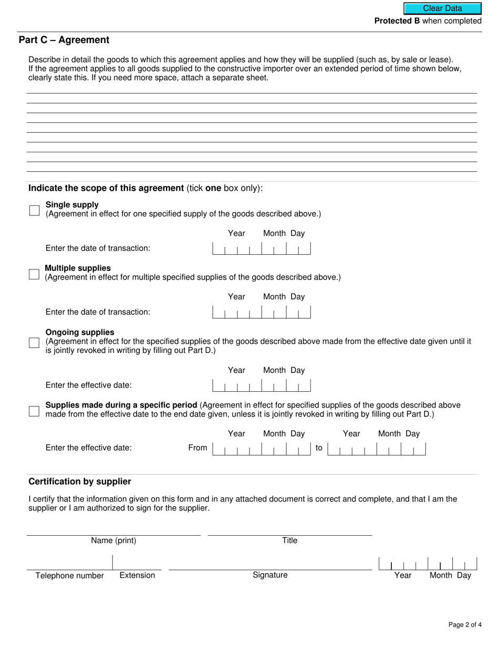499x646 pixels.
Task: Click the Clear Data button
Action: (442, 8)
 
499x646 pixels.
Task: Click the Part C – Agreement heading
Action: (64, 40)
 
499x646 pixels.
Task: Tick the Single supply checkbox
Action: (34, 211)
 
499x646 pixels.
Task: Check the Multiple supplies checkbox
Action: (34, 274)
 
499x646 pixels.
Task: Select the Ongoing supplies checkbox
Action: (34, 342)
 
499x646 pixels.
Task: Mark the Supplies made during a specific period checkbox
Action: (34, 411)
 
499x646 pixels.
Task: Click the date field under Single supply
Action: (261, 248)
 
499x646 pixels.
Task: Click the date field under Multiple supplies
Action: (261, 312)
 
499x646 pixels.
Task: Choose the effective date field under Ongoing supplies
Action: (261, 385)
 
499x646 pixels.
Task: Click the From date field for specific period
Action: (261, 449)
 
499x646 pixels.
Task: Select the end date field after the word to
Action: (376, 449)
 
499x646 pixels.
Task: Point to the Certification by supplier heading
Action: (80, 482)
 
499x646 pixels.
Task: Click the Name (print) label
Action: (113, 540)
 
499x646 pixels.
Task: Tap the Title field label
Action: (289, 540)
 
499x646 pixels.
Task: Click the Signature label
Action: (270, 575)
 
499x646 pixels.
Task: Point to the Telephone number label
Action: (69, 576)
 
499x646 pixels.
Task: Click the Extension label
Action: (137, 575)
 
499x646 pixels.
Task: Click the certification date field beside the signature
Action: (428, 564)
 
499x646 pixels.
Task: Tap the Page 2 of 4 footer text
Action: (465, 624)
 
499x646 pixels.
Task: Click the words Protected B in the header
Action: (397, 21)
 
